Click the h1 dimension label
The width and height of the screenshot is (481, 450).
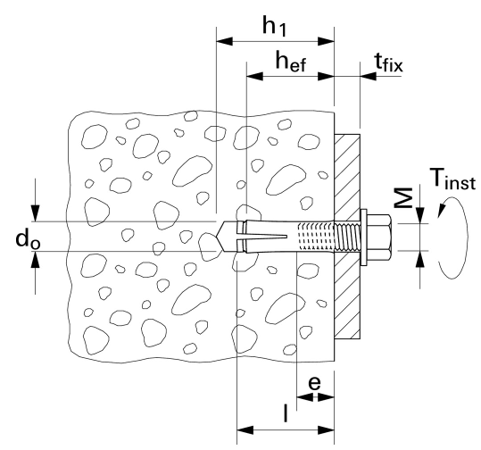coord(275,27)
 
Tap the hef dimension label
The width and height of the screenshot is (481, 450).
coord(291,62)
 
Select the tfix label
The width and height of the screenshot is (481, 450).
coord(388,62)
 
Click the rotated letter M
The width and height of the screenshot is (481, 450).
coord(403,198)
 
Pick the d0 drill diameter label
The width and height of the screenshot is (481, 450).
coord(28,239)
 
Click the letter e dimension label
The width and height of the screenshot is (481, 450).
coord(314,382)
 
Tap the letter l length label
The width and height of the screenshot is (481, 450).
coord(286,412)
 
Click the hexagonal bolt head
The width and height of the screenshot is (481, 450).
coord(379,237)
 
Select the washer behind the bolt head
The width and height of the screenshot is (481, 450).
coord(363,237)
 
